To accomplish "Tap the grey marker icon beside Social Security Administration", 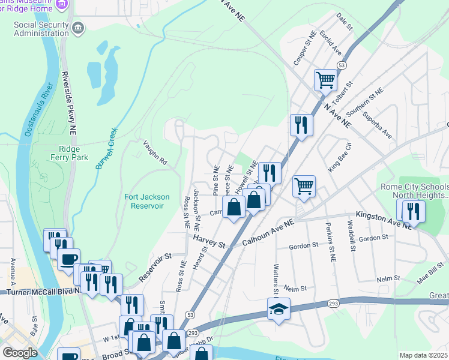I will click(78, 28).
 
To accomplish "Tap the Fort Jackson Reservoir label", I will click(146, 201).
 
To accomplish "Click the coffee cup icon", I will click(68, 260).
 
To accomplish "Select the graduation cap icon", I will click(278, 309).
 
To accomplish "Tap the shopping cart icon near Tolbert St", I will click(325, 79).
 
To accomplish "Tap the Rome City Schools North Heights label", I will click(414, 191).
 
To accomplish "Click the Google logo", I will click(20, 353).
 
